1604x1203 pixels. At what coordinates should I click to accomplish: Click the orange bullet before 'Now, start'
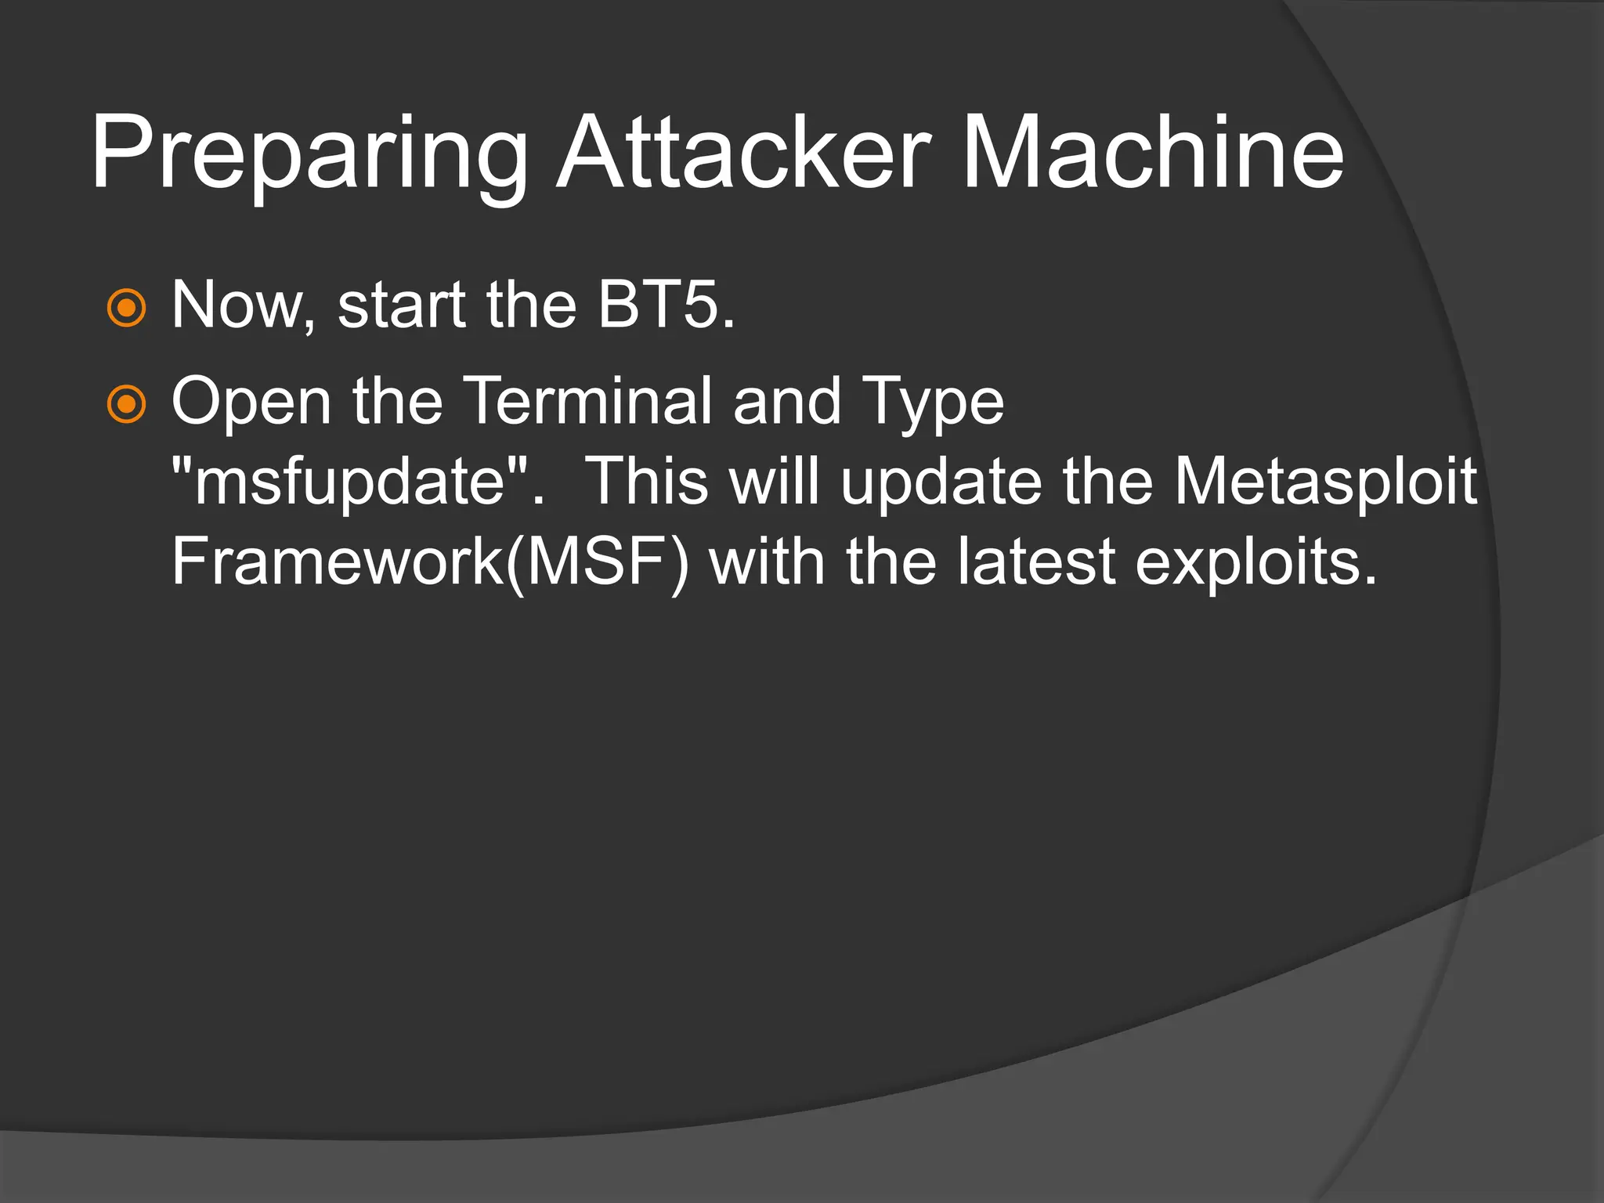126,308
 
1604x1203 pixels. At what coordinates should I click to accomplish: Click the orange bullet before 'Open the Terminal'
126,405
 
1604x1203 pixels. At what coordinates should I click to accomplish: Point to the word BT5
666,305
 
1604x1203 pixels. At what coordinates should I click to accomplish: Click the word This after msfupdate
647,481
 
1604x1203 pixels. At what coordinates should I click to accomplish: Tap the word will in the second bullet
775,481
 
